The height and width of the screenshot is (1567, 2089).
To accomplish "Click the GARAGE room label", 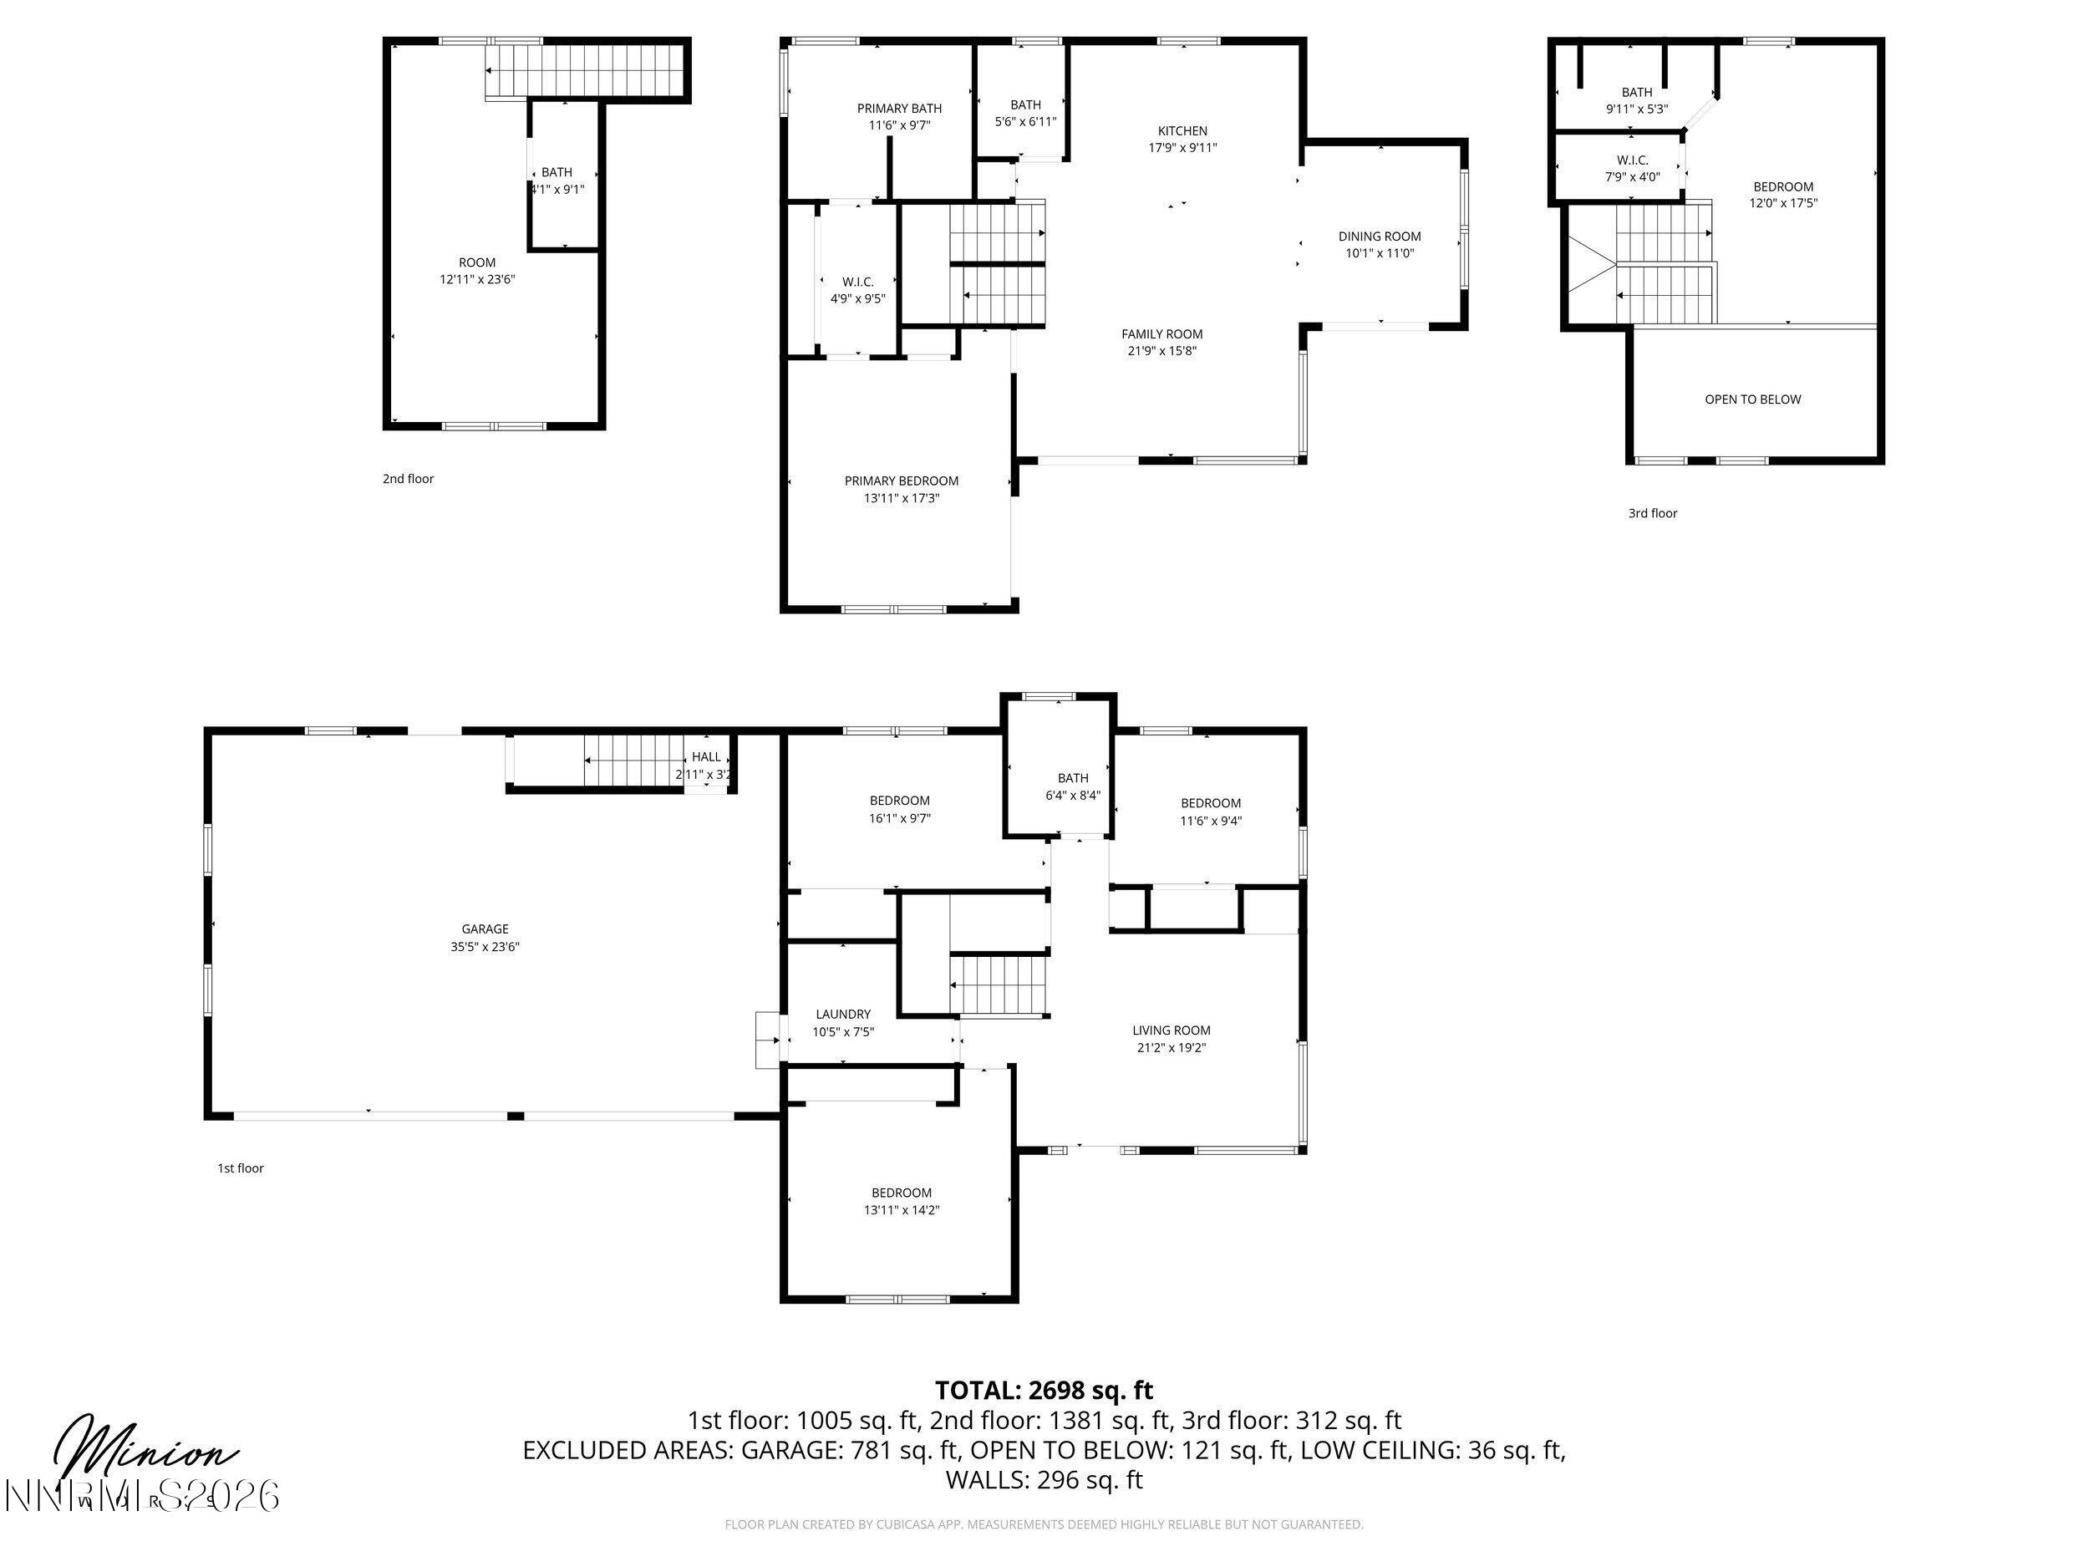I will coord(485,929).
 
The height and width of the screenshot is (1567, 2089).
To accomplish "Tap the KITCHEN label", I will coord(1182,131).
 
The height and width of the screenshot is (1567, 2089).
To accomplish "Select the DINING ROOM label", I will coord(1379,237).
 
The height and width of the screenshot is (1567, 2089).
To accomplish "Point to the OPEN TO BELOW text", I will coord(1752,399).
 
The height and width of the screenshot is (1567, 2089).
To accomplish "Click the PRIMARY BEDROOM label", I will coord(901,481).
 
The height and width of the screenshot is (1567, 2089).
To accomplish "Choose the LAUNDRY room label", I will coord(842,1015).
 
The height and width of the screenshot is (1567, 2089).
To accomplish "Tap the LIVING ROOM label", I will coord(1171,1030).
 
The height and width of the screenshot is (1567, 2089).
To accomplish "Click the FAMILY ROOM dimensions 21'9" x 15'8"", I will coord(1161,351).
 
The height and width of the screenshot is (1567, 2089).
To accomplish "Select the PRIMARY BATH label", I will coord(899,109).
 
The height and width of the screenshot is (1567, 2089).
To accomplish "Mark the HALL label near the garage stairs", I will coord(705,756).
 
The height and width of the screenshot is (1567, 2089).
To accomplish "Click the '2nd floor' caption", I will coord(408,479).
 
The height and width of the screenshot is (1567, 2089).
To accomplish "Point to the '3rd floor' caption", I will coord(1653,514).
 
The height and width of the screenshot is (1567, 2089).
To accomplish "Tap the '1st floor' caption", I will coord(241,1168).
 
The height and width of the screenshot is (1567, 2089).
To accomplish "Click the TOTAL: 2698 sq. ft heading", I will coord(1044,1391).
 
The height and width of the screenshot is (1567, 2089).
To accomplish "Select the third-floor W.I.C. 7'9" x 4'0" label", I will coord(1632,168).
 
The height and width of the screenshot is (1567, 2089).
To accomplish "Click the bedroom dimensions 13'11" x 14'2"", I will coord(901,1210).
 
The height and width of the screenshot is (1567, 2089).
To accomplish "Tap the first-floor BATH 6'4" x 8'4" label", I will coord(1072,786).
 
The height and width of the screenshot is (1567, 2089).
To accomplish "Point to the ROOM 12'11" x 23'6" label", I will coord(477,271).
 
